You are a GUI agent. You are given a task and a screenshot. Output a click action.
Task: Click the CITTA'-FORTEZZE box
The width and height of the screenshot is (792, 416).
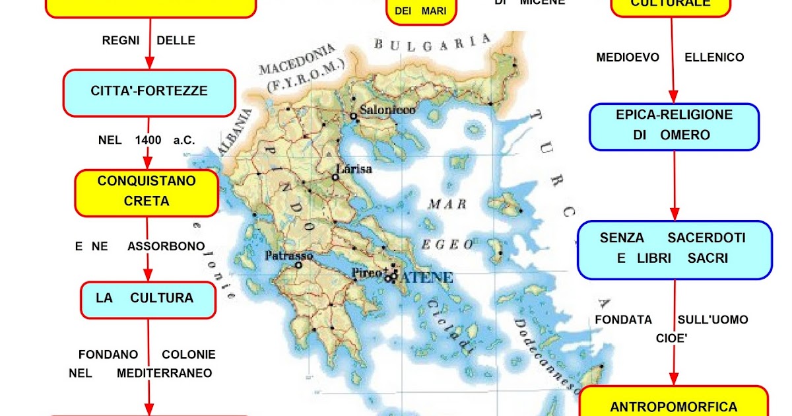point(148,92)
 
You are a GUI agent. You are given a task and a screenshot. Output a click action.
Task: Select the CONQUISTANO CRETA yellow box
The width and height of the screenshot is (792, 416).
point(147,191)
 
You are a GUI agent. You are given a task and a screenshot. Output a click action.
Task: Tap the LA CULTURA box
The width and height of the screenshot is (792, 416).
point(148,298)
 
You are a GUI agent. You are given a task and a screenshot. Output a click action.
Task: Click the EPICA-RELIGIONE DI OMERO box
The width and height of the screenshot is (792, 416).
point(674,125)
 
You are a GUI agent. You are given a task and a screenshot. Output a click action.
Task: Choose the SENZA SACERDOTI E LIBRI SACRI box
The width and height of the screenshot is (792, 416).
point(674,248)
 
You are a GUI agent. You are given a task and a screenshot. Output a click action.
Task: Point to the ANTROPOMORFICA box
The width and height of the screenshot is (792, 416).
point(673,406)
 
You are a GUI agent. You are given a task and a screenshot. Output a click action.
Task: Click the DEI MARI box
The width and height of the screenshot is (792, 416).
point(420,11)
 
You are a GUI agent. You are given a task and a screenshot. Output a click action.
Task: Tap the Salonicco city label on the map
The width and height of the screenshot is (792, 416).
point(387,110)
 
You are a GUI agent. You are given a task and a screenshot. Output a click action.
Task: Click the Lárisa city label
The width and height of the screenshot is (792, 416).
point(354,169)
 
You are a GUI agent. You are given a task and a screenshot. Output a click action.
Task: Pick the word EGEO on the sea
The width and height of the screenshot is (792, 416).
point(449,244)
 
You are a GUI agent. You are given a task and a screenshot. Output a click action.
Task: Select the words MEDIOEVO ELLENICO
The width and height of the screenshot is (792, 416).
point(670,57)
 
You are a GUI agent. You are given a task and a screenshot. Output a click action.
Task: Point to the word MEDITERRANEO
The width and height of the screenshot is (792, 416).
point(164,373)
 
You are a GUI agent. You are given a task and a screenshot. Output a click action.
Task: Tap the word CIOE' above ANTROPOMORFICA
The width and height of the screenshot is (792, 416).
point(672,338)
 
